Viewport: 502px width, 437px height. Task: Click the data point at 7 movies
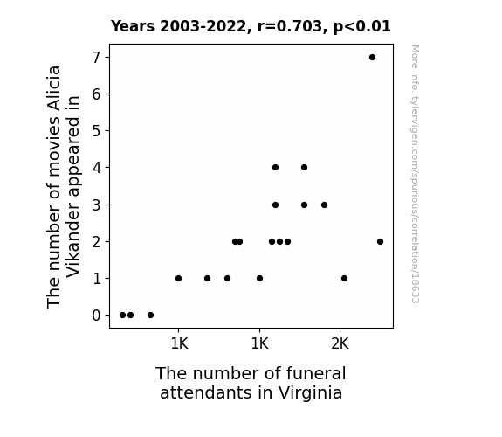[x=372, y=58]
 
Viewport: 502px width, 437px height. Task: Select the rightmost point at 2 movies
[x=380, y=242]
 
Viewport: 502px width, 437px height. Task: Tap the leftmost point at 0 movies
[x=122, y=316]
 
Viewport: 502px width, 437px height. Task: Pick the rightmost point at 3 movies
[x=324, y=205]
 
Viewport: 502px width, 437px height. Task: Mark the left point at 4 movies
[x=275, y=167]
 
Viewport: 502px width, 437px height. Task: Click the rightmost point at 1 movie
[x=344, y=278]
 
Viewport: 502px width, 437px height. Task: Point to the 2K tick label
[x=340, y=344]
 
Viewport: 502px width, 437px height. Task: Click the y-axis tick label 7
[x=96, y=58]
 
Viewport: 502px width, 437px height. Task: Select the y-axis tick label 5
[x=96, y=131]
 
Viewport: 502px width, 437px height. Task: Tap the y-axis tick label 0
[x=96, y=316]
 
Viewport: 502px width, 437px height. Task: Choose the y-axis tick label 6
[x=96, y=94]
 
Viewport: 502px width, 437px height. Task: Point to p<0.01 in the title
[x=362, y=27]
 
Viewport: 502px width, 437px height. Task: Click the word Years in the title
[x=133, y=26]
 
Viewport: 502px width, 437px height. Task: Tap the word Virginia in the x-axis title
[x=310, y=393]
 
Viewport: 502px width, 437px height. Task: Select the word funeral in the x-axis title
[x=316, y=373]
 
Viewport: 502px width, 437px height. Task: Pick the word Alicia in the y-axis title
[x=53, y=87]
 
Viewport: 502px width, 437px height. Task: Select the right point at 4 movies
[x=304, y=167]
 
